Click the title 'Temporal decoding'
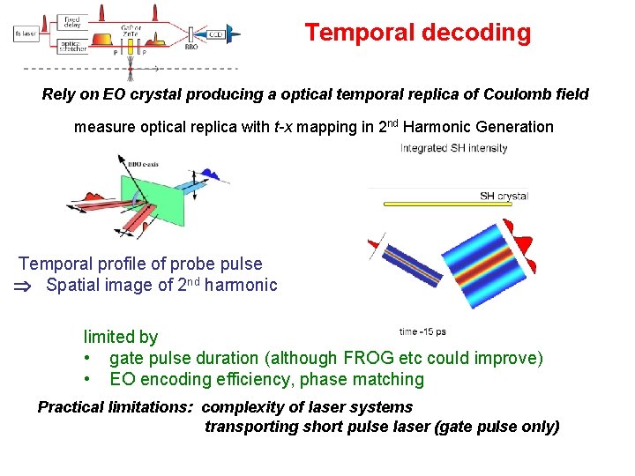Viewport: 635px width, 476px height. [x=418, y=33]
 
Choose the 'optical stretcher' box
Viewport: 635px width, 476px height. [x=71, y=46]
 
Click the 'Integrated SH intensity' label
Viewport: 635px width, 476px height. [x=453, y=148]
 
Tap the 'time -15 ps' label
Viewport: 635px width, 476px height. [x=422, y=332]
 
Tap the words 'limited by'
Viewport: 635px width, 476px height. [x=121, y=337]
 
